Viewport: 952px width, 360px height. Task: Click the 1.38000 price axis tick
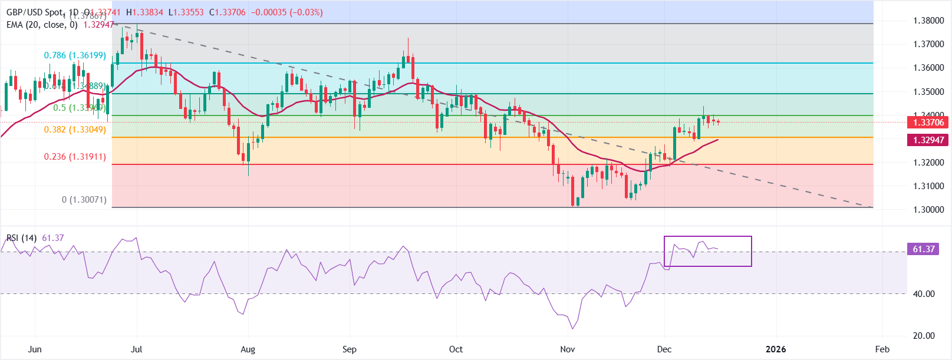pyautogui.click(x=928, y=21)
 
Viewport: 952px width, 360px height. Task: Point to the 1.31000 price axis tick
pyautogui.click(x=928, y=186)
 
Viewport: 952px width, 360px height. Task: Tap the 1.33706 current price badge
pyautogui.click(x=928, y=123)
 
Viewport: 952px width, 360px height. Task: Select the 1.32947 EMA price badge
pyautogui.click(x=928, y=140)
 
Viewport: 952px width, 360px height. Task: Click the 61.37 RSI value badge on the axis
pyautogui.click(x=924, y=249)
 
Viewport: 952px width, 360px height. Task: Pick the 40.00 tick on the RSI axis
pyautogui.click(x=924, y=294)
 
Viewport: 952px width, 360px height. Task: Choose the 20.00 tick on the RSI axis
pyautogui.click(x=924, y=336)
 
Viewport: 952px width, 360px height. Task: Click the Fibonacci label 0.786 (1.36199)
pyautogui.click(x=75, y=55)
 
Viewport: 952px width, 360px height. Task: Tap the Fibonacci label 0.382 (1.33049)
pyautogui.click(x=75, y=130)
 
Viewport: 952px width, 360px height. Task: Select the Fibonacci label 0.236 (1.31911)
pyautogui.click(x=75, y=157)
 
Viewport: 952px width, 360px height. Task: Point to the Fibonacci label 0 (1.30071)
pyautogui.click(x=84, y=200)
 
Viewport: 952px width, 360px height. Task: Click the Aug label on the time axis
pyautogui.click(x=248, y=349)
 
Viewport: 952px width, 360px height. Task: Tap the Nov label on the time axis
pyautogui.click(x=568, y=349)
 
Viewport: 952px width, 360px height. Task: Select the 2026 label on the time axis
pyautogui.click(x=776, y=349)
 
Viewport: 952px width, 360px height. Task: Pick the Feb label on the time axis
pyautogui.click(x=882, y=349)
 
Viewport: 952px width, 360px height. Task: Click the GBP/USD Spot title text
pyautogui.click(x=34, y=12)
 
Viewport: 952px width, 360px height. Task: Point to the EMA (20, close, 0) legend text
pyautogui.click(x=42, y=25)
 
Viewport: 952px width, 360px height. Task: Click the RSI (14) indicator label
pyautogui.click(x=21, y=238)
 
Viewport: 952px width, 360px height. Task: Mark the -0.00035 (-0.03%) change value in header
pyautogui.click(x=287, y=12)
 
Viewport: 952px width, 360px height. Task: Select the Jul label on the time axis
pyautogui.click(x=136, y=349)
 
